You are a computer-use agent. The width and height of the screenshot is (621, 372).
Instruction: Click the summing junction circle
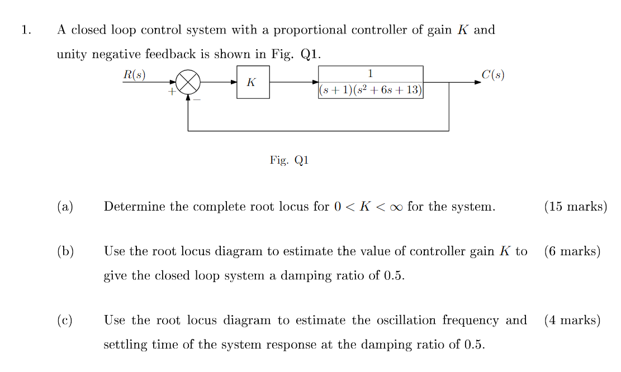point(188,83)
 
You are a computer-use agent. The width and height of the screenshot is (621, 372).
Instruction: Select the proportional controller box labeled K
point(253,82)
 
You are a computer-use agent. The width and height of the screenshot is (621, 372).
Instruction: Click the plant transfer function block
point(371,82)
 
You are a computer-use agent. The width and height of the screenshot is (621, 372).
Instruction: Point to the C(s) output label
point(492,75)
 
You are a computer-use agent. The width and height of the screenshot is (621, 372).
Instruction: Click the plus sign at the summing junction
point(172,91)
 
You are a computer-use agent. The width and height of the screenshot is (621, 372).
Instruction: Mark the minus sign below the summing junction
point(197,99)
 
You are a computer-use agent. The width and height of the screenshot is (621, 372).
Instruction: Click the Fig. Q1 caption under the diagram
point(289,160)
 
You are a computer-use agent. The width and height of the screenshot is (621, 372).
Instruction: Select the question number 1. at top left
point(26,30)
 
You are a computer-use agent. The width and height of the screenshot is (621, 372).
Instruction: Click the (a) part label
point(65,207)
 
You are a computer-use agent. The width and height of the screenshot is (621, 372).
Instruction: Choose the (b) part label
point(65,251)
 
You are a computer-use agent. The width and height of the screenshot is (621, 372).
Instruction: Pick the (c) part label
point(65,321)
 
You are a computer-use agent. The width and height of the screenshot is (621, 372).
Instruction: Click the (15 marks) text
point(575,207)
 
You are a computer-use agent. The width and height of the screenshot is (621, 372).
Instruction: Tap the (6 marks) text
point(572,251)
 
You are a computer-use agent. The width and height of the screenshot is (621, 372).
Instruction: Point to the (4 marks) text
point(572,321)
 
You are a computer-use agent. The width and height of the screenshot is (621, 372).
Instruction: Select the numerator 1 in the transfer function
point(371,73)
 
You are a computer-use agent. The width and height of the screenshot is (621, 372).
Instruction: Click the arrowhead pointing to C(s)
point(477,82)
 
